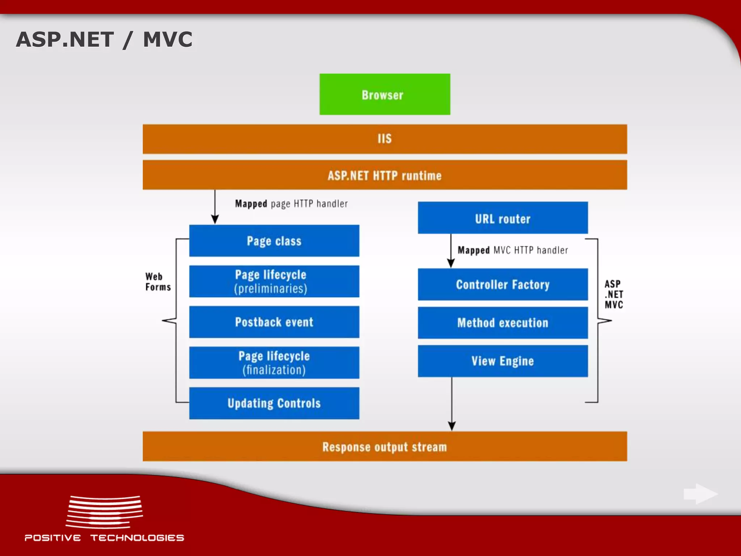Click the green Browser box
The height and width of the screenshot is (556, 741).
click(385, 94)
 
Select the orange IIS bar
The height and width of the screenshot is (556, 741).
click(385, 139)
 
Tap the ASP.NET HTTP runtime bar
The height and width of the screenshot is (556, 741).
click(385, 175)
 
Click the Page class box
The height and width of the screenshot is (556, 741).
click(274, 241)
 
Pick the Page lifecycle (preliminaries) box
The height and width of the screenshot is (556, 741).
click(274, 281)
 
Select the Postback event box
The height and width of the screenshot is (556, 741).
click(274, 322)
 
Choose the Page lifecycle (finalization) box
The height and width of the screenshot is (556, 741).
click(274, 363)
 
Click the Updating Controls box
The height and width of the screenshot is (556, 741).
click(274, 403)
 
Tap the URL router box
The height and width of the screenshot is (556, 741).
click(503, 218)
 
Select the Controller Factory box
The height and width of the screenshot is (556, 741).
click(503, 285)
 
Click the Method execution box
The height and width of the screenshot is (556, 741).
click(503, 323)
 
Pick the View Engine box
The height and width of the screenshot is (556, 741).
click(503, 361)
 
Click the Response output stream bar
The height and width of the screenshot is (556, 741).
click(385, 446)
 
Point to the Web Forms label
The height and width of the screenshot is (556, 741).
click(158, 282)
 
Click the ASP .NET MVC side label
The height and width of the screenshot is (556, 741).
click(614, 294)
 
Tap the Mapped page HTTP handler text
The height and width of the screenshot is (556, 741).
click(291, 204)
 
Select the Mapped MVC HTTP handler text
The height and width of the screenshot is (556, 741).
click(513, 250)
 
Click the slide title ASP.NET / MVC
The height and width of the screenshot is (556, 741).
click(104, 39)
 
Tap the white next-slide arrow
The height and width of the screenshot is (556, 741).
click(700, 494)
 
